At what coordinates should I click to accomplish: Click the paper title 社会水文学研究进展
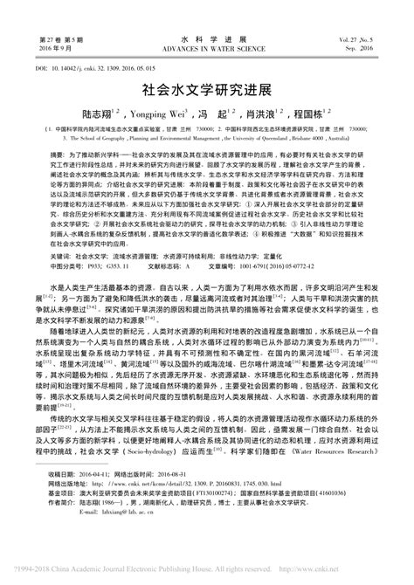[x=206, y=89]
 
